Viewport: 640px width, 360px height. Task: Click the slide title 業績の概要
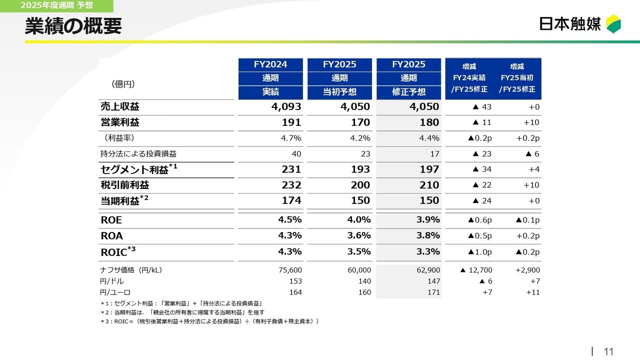tap(73, 26)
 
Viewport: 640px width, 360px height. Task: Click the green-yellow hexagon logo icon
tap(613, 24)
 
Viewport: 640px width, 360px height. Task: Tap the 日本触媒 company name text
tap(570, 24)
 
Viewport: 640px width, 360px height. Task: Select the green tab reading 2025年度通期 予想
tap(56, 6)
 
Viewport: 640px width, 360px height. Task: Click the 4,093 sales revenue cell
tap(286, 107)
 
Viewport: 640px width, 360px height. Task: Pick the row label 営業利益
tap(120, 122)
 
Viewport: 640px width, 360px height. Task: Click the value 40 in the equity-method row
tap(296, 154)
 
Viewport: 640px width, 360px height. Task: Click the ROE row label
tap(111, 220)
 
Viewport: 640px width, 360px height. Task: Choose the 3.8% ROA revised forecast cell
tap(428, 235)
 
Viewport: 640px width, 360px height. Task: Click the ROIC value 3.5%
tap(358, 251)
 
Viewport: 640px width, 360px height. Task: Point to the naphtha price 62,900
tap(428, 270)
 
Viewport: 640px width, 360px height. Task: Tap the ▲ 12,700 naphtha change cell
tap(476, 270)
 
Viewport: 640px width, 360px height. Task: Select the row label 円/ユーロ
tap(115, 292)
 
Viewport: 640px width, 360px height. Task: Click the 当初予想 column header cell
tap(339, 92)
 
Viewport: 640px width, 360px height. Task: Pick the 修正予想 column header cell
tap(408, 92)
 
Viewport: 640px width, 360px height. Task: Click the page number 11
tap(608, 351)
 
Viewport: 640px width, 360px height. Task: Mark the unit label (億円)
tap(123, 83)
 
